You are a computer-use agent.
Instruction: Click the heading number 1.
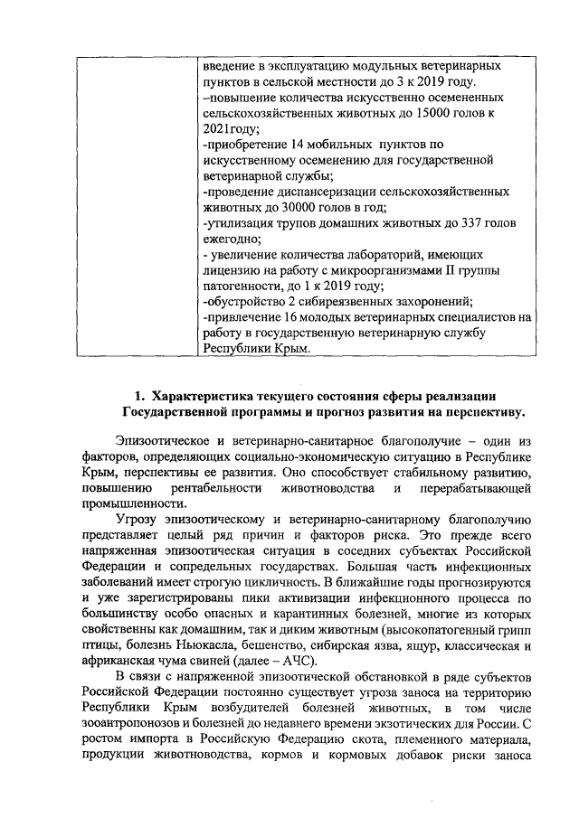pyautogui.click(x=139, y=396)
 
